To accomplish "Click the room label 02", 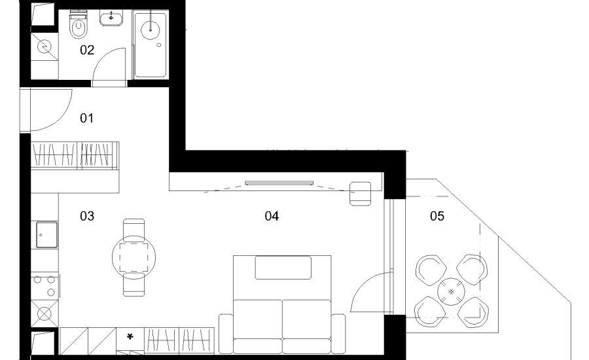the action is (87, 50).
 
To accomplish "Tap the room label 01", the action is (86, 118).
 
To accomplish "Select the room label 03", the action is (87, 216).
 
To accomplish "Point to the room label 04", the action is (272, 216).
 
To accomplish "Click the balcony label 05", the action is (437, 216).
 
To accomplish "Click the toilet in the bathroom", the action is (78, 25).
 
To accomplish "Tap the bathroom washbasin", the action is (111, 18).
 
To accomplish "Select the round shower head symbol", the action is (151, 29).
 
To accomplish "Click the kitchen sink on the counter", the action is (47, 235).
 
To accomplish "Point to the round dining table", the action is (134, 257).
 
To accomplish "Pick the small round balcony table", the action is (451, 292).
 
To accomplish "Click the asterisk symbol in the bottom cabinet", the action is (130, 337).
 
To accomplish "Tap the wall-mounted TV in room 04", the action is (279, 183).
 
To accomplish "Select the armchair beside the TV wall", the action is (360, 194).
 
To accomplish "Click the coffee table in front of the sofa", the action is (283, 268).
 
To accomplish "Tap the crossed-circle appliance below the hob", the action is (45, 314).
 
